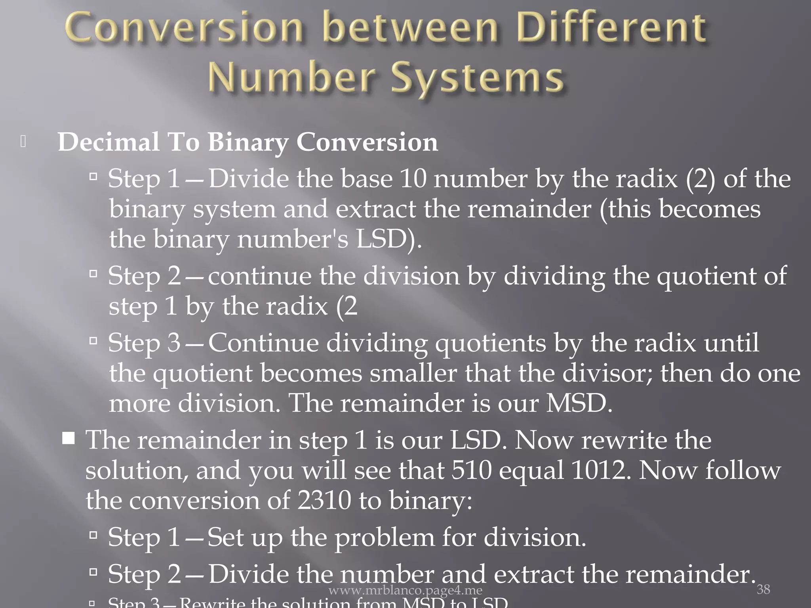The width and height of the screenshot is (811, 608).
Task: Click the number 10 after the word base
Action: click(413, 179)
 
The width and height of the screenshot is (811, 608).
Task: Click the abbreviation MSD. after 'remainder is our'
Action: click(579, 403)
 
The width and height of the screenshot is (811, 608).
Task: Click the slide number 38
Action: click(763, 589)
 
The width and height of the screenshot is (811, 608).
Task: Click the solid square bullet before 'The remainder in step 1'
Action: click(69, 439)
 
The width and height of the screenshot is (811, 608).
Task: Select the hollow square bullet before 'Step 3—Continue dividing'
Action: click(93, 340)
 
